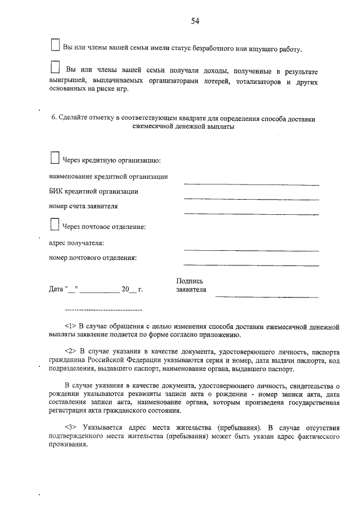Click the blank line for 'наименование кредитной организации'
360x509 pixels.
click(x=251, y=184)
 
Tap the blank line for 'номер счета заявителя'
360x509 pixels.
click(x=251, y=214)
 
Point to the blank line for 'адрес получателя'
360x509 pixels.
click(x=251, y=250)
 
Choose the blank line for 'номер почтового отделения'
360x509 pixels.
click(x=251, y=265)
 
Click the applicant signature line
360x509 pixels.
click(x=266, y=296)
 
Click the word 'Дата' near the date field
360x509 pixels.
click(x=56, y=290)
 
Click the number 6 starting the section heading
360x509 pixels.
click(x=53, y=119)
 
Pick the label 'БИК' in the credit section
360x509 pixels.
click(x=57, y=191)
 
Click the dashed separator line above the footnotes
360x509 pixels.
click(x=103, y=310)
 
